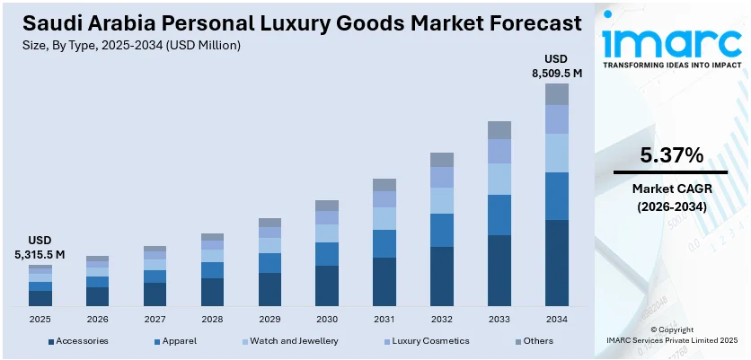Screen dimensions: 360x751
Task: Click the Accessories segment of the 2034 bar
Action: point(557,263)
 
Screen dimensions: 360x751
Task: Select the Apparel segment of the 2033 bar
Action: point(499,215)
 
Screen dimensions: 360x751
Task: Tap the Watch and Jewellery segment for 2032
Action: point(442,200)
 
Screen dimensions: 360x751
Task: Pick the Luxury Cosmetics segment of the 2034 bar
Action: point(557,119)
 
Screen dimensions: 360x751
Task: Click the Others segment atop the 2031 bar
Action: point(384,185)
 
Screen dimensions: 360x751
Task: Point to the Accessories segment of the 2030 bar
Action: point(327,286)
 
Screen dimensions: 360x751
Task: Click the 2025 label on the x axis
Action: point(40,319)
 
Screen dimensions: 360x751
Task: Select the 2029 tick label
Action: point(269,319)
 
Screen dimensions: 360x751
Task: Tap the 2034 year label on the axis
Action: point(557,319)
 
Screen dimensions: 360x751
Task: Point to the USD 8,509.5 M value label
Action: point(557,66)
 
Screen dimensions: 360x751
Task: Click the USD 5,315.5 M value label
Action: point(40,248)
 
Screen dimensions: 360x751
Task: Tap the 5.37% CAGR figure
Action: point(671,154)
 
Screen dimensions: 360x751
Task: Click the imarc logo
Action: point(670,40)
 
